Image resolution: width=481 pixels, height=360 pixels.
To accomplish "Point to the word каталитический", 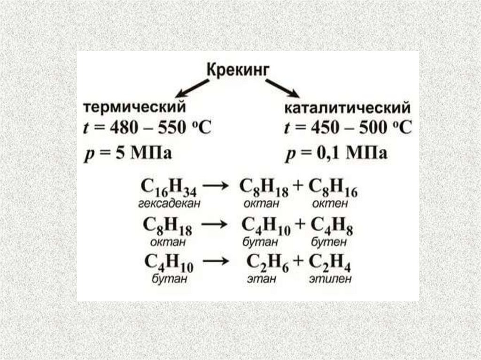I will click(x=347, y=108).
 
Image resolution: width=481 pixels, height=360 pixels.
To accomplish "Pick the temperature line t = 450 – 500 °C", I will click(x=349, y=129).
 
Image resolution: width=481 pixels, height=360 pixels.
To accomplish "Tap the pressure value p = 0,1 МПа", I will click(x=336, y=153).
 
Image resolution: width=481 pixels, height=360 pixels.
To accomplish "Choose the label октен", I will click(x=332, y=204).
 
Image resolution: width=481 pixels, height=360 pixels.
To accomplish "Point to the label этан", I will click(x=260, y=280).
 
